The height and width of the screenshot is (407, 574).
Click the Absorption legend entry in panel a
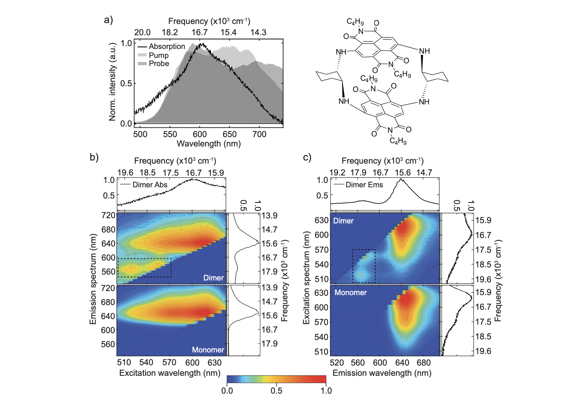point(167,46)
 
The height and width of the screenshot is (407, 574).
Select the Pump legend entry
point(158,55)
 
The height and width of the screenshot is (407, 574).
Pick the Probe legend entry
point(159,64)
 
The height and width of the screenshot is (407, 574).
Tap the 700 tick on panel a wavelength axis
point(259,134)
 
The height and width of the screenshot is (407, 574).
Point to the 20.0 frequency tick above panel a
point(142,32)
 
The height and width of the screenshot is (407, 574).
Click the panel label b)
point(94,157)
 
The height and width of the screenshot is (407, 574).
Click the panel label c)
point(307,157)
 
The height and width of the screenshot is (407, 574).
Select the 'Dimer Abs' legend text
point(150,185)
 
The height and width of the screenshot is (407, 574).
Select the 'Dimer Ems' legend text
point(364,185)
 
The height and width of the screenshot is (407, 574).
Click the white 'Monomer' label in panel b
point(208,350)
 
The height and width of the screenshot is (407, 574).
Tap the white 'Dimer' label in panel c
point(343,221)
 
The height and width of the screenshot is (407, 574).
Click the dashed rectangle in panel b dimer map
point(144,259)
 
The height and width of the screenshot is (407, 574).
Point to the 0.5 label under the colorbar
point(276,391)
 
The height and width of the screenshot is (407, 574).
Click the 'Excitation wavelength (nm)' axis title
point(170,373)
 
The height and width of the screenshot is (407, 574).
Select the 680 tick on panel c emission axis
point(424,363)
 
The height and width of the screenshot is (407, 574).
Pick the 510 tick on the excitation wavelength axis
point(124,362)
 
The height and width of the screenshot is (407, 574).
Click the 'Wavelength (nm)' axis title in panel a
point(209,144)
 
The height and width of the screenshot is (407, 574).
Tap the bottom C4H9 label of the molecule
point(398,141)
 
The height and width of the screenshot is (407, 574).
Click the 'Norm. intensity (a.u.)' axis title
point(112,82)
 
